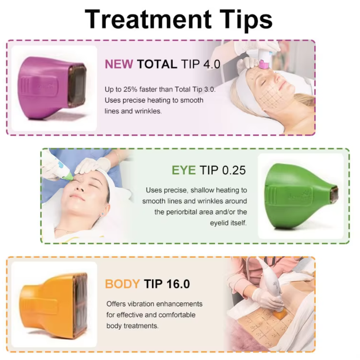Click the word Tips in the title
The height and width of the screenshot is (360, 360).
(x=246, y=20)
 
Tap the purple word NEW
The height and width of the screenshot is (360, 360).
(x=119, y=64)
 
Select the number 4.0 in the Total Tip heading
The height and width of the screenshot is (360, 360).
(x=212, y=64)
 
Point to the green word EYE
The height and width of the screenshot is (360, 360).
(x=184, y=170)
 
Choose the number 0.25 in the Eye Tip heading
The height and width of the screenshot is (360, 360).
(x=234, y=170)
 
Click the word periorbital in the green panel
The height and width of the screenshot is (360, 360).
(x=188, y=212)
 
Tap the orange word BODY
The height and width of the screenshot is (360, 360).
(x=122, y=284)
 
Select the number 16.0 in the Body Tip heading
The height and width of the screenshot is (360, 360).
(x=178, y=284)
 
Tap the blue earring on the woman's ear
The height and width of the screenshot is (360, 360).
(x=103, y=214)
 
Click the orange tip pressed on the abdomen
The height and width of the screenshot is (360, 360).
(x=280, y=314)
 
